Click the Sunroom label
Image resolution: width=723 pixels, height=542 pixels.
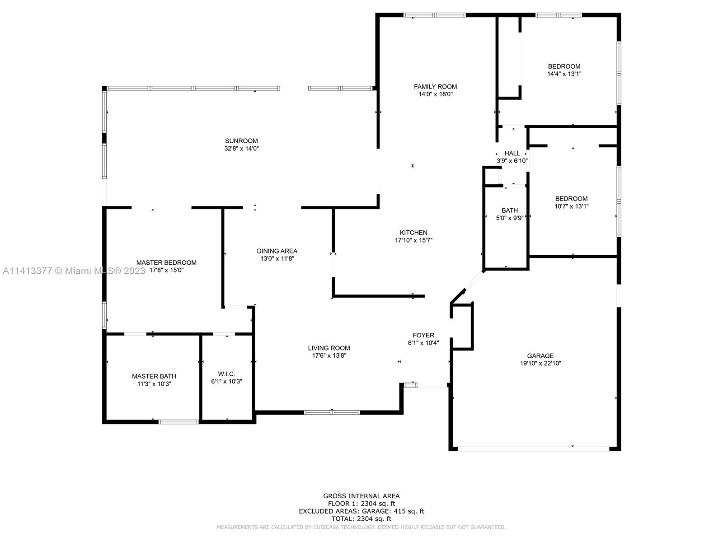(241, 141)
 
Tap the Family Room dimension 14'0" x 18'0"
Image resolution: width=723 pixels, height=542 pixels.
(436, 94)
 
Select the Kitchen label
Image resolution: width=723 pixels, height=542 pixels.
(413, 233)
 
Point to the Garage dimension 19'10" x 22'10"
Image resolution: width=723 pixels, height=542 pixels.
(540, 363)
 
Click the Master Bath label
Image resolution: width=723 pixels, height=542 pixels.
(154, 376)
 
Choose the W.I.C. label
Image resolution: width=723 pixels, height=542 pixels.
(226, 374)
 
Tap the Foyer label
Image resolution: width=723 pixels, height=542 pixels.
(423, 335)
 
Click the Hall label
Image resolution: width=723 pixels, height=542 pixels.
(512, 154)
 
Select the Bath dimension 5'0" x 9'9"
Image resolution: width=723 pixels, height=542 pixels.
(510, 218)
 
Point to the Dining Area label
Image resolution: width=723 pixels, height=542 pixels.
(277, 251)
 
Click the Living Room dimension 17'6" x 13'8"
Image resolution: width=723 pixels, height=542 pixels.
(329, 355)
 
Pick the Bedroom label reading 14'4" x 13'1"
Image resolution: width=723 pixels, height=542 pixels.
(564, 66)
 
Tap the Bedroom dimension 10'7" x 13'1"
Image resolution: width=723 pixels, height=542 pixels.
(571, 206)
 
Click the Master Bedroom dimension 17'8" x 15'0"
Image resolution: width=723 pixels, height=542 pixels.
(166, 270)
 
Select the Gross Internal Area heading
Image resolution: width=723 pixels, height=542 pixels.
(361, 496)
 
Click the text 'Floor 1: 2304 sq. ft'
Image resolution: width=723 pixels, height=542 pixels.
(361, 504)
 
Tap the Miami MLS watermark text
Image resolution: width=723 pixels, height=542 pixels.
(74, 271)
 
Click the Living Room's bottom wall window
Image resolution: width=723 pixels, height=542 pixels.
(332, 412)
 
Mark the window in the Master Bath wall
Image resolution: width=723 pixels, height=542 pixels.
(178, 422)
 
